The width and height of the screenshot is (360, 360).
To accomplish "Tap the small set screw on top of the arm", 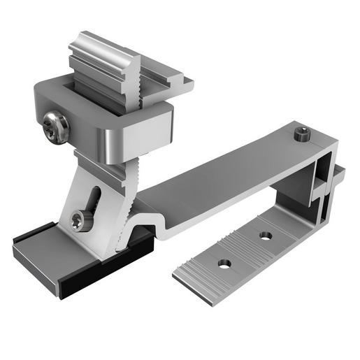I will click(301, 132).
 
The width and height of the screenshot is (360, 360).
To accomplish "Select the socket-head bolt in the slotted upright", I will click(82, 219).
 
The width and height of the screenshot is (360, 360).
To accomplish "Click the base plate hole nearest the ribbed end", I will click(224, 264).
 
